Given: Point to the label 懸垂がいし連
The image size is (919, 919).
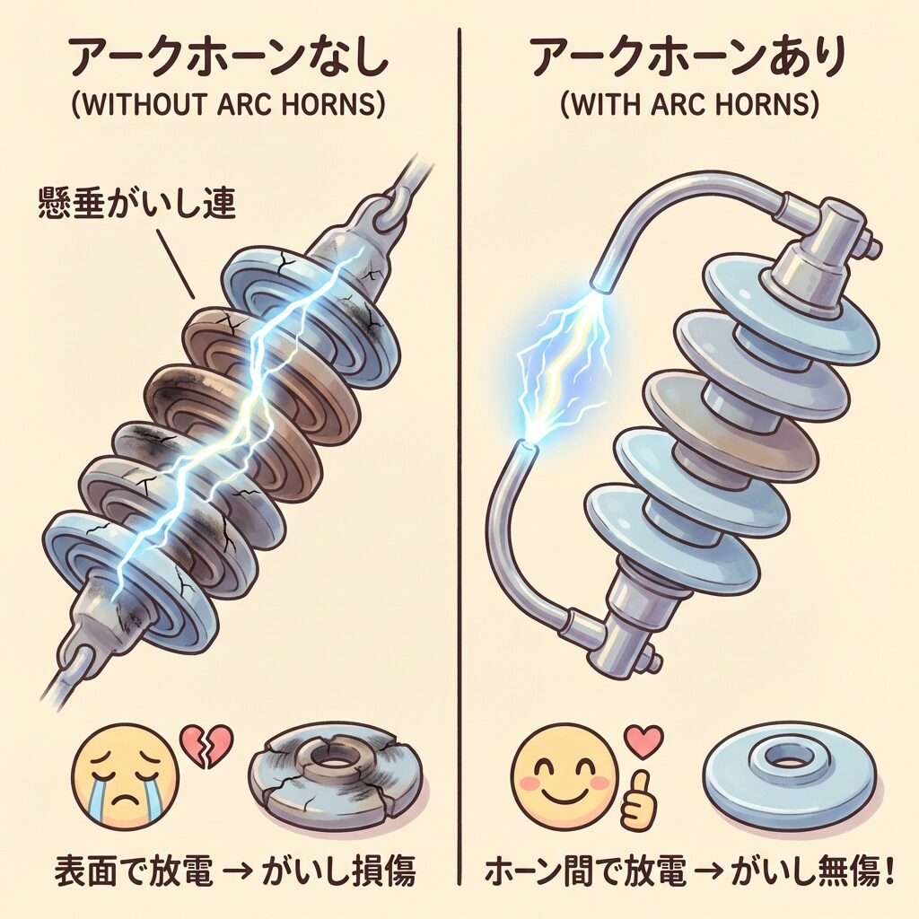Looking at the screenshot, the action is click(x=136, y=203).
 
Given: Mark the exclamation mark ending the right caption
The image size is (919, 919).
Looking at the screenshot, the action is click(x=888, y=872).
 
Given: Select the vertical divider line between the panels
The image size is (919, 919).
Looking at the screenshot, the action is click(x=460, y=457).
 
